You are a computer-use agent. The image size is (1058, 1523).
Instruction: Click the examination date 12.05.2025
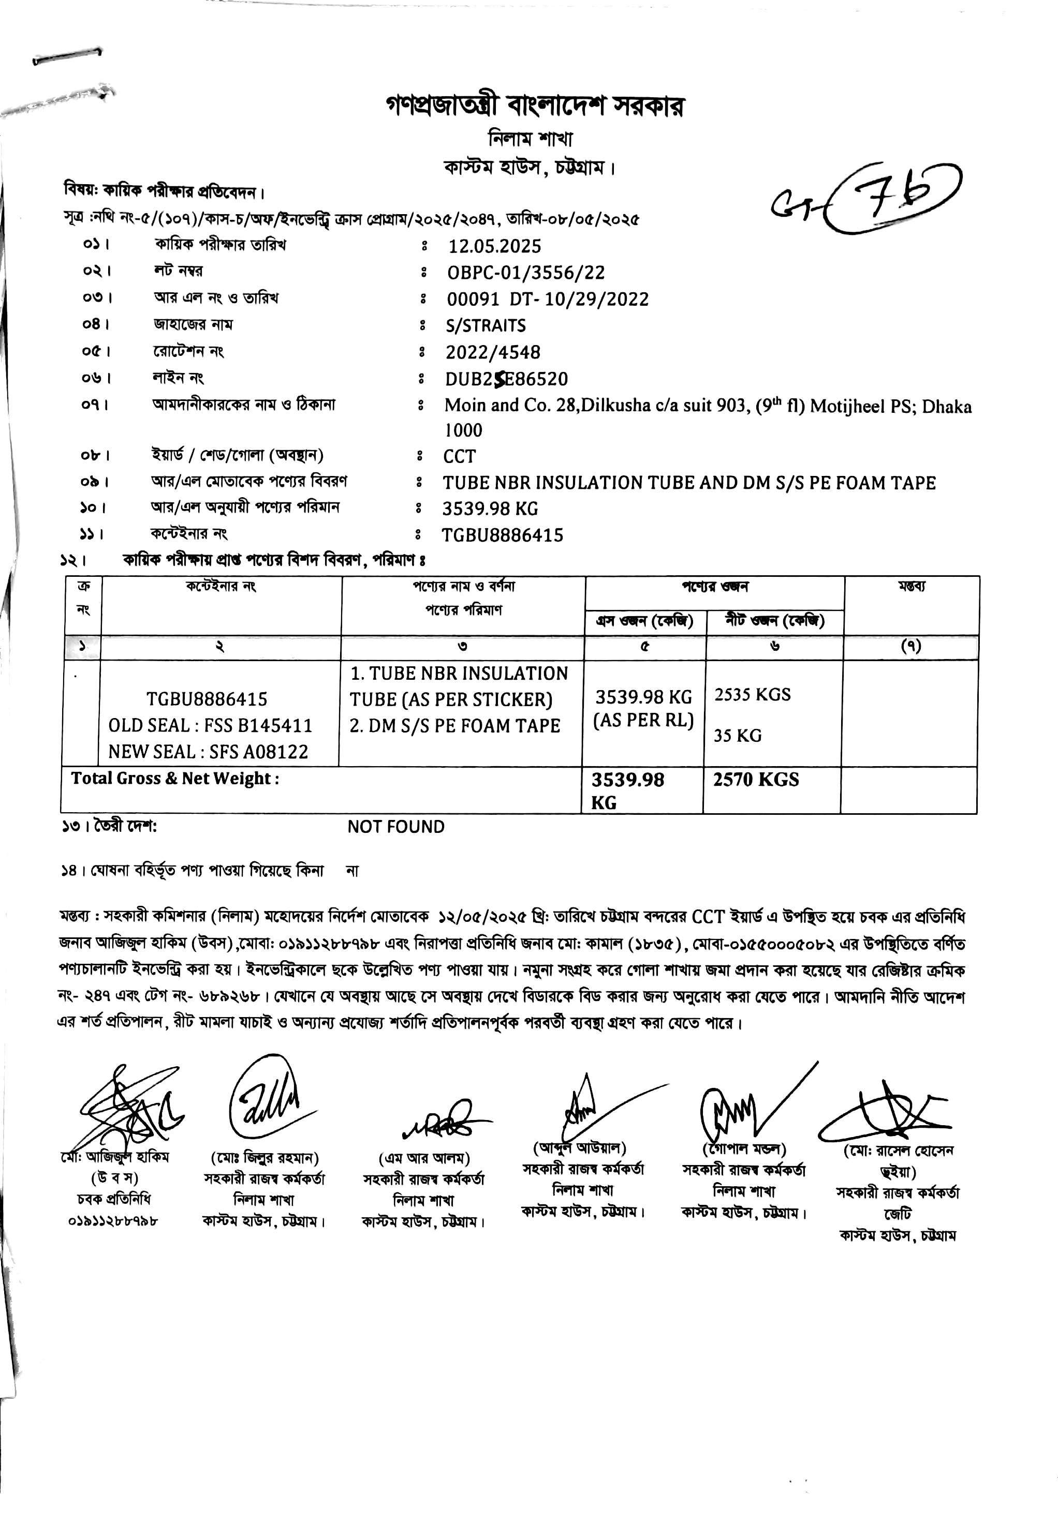coord(494,246)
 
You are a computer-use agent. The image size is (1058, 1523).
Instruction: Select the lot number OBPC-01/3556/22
coord(526,273)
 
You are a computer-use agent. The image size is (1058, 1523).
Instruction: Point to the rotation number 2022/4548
coord(493,352)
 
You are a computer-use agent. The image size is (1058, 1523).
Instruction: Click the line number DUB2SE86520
coord(506,379)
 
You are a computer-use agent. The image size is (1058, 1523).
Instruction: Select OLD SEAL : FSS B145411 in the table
coord(210,725)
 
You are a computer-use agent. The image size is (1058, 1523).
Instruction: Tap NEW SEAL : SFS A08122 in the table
coord(208,752)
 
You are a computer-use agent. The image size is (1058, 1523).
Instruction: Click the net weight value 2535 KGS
coord(753,695)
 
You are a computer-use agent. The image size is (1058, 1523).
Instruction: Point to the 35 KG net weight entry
coord(737,735)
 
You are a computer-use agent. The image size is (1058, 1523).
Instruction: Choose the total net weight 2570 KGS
coord(756,780)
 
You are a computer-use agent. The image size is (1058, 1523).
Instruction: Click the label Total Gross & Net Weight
coord(175,779)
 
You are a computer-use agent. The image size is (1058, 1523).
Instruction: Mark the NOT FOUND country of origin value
coord(396,827)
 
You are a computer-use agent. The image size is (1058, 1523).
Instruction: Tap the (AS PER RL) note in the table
coord(643,721)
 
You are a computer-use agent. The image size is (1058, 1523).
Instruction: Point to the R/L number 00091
coord(473,300)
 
